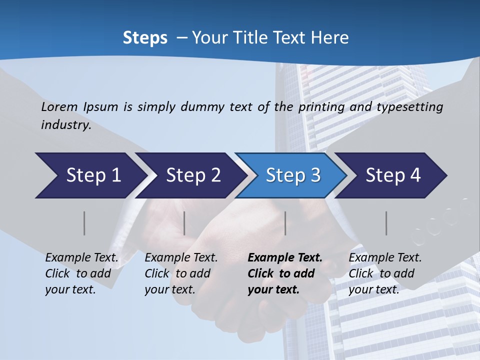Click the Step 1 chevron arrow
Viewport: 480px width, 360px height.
point(90,175)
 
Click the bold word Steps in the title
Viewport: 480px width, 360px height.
point(145,37)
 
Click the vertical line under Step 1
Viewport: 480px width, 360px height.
point(84,223)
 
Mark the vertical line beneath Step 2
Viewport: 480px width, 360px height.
point(184,223)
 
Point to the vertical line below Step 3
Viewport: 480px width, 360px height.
point(285,223)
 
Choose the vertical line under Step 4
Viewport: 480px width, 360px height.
point(386,223)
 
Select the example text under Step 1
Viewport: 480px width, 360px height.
point(81,273)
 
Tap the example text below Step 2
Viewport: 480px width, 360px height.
point(181,273)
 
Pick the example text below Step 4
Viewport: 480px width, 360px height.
point(384,273)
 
